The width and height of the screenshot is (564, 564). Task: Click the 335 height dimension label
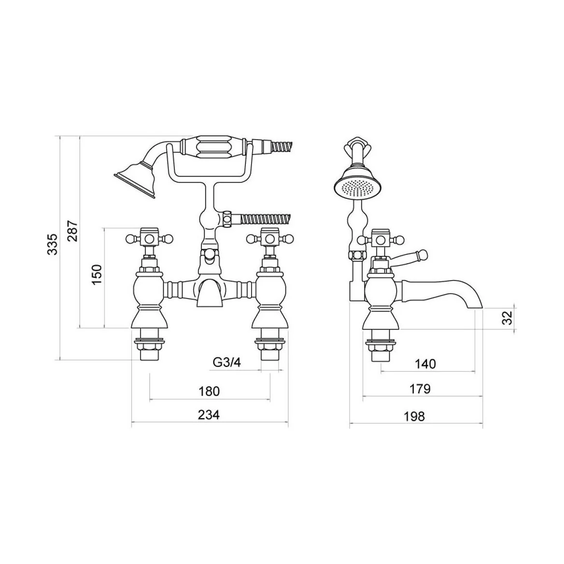pyautogui.click(x=53, y=244)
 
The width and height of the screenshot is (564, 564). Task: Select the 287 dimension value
pyautogui.click(x=73, y=230)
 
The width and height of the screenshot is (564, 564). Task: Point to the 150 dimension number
pyautogui.click(x=98, y=274)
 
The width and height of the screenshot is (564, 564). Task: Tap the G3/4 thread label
pyautogui.click(x=227, y=362)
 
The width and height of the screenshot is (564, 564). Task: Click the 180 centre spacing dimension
pyautogui.click(x=210, y=391)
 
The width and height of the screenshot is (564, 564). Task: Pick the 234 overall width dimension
pyautogui.click(x=209, y=415)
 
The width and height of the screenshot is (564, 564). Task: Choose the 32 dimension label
pyautogui.click(x=507, y=317)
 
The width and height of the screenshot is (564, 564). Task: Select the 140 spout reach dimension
pyautogui.click(x=425, y=364)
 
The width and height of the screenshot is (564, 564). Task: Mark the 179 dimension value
pyautogui.click(x=420, y=389)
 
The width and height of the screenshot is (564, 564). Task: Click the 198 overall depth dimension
pyautogui.click(x=414, y=416)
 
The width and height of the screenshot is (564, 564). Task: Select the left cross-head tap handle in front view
pyautogui.click(x=150, y=238)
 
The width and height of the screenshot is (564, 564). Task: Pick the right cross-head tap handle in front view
pyautogui.click(x=270, y=238)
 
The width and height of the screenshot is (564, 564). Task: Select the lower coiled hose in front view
pyautogui.click(x=263, y=218)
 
